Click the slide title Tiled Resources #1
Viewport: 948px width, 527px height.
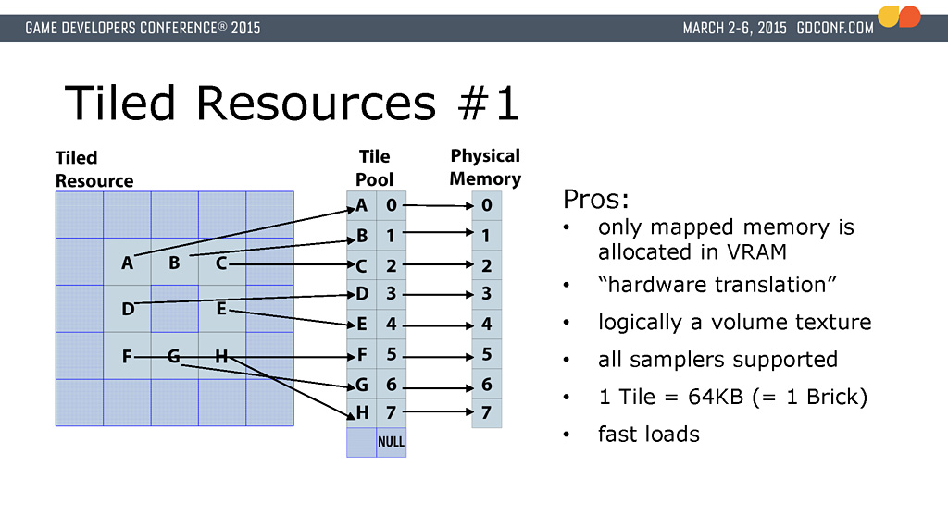click(292, 104)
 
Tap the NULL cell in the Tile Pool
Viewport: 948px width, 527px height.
click(391, 442)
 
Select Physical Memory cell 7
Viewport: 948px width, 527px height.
click(486, 412)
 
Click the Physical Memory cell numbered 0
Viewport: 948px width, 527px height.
click(486, 206)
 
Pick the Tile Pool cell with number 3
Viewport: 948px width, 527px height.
click(391, 295)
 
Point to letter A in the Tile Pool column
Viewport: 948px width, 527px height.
click(362, 205)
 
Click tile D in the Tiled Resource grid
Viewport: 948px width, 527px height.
click(128, 309)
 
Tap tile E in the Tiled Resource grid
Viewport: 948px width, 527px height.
click(221, 309)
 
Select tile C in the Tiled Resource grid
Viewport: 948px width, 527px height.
click(221, 263)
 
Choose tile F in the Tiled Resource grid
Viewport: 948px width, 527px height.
click(128, 355)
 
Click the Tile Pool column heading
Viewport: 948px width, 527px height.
click(374, 168)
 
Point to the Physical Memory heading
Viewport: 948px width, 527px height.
click(485, 167)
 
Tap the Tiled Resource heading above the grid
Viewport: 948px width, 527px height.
click(94, 169)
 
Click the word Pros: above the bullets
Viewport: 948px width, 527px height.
click(595, 200)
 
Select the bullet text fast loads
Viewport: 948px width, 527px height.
click(648, 434)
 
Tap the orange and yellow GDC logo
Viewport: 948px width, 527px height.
click(899, 17)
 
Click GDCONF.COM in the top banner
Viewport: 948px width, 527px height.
click(834, 28)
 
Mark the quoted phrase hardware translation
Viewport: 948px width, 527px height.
click(712, 285)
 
